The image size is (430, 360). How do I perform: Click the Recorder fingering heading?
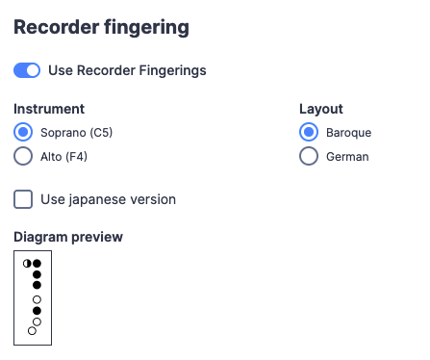[101, 27]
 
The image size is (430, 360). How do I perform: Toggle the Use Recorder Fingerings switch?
[27, 70]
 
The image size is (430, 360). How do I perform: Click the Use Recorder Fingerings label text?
[127, 70]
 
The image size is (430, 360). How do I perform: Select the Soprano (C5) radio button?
[23, 133]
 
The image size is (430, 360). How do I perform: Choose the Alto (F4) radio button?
[23, 156]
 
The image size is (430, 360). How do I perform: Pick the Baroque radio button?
[309, 133]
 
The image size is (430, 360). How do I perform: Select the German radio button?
[309, 156]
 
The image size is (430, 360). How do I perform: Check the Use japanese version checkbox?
[23, 199]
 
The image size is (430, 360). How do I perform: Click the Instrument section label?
[49, 109]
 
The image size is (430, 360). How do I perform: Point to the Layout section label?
[321, 109]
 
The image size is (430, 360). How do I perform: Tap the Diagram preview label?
[68, 237]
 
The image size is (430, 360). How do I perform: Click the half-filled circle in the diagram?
[27, 263]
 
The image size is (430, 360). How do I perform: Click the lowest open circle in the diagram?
[32, 331]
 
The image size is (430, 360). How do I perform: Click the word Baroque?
[348, 133]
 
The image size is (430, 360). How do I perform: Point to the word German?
[346, 156]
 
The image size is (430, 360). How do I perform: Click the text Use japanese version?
[108, 199]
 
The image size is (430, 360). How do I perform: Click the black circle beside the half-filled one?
[37, 263]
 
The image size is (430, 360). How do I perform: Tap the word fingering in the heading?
[145, 27]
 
